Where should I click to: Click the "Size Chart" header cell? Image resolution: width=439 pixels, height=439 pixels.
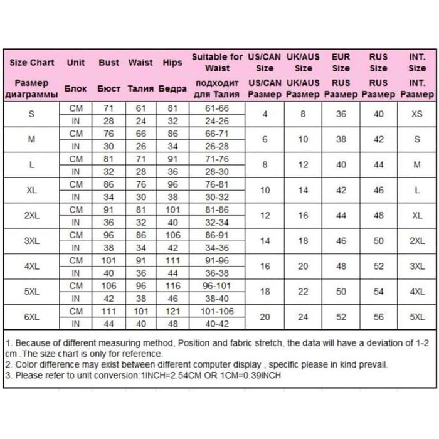click(x=32, y=63)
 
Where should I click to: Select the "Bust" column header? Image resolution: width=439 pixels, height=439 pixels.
click(x=108, y=63)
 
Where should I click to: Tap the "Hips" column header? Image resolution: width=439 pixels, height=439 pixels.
click(x=172, y=63)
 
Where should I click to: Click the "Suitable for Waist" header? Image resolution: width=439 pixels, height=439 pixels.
click(x=217, y=63)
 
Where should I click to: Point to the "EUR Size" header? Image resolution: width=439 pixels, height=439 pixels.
click(x=341, y=63)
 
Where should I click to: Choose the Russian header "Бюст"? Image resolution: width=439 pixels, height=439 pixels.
click(x=109, y=89)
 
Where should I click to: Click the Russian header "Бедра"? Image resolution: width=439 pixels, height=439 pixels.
click(x=172, y=89)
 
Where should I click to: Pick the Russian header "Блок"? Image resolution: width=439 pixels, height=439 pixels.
click(x=76, y=89)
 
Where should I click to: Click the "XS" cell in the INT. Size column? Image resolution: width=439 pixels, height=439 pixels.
click(x=417, y=114)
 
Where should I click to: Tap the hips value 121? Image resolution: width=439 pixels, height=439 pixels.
click(x=172, y=311)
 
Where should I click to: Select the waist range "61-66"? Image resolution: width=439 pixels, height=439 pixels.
click(x=217, y=108)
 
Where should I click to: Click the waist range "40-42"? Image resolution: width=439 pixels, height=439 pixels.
click(x=217, y=324)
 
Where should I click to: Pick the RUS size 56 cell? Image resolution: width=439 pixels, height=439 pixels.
click(x=379, y=317)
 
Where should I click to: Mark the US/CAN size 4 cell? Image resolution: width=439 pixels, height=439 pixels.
click(x=265, y=114)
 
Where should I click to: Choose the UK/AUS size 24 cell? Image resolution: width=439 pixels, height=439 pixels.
click(x=303, y=317)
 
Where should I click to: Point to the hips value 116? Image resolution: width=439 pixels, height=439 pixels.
click(x=172, y=286)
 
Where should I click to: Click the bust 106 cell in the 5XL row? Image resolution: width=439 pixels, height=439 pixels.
click(x=108, y=286)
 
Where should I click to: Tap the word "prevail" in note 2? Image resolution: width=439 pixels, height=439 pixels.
click(x=374, y=364)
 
